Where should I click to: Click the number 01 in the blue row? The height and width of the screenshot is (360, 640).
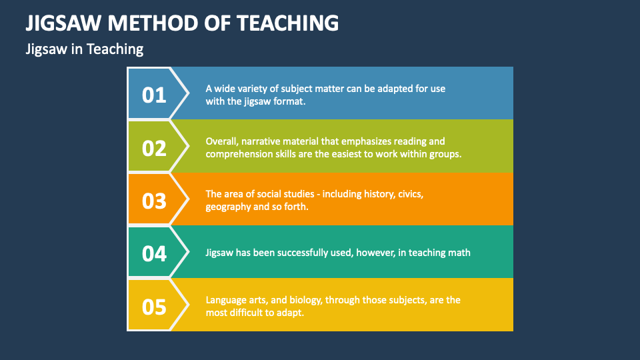[x=154, y=95]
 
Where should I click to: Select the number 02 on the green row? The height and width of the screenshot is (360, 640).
[x=154, y=147]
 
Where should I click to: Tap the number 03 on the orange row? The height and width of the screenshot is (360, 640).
[x=154, y=200]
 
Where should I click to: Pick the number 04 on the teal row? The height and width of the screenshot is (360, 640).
[x=154, y=253]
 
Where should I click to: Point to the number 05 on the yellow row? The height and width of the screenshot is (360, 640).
[x=154, y=306]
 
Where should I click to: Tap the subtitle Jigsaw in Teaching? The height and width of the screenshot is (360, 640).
[x=84, y=49]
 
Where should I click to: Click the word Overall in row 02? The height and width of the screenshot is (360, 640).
[x=221, y=141]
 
